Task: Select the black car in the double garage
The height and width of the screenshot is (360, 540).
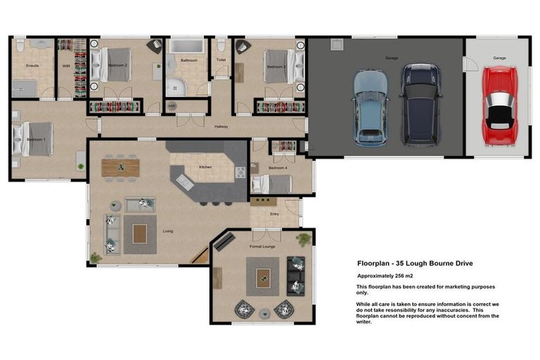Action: (419, 104)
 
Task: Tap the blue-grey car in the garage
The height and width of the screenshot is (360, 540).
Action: (371, 107)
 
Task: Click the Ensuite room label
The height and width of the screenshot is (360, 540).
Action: (32, 65)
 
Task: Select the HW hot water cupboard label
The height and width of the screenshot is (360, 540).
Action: (172, 106)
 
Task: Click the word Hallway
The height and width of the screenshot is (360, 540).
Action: (222, 127)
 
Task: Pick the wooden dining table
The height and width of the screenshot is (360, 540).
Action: (121, 167)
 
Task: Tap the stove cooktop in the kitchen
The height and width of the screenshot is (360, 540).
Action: (240, 172)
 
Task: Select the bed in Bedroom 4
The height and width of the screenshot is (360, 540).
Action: (271, 184)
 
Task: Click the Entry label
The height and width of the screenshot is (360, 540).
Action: (274, 214)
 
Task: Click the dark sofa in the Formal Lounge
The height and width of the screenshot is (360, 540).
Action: (296, 276)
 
